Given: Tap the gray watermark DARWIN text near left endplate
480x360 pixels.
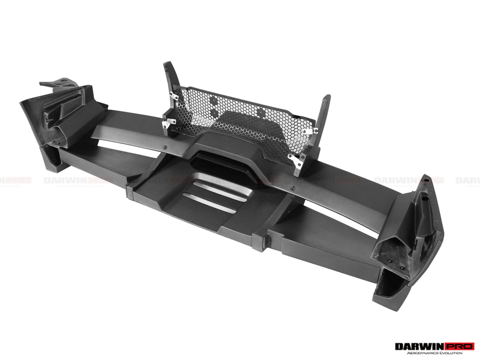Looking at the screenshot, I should [65, 181].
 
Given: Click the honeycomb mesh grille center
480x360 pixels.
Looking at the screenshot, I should [240, 118].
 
